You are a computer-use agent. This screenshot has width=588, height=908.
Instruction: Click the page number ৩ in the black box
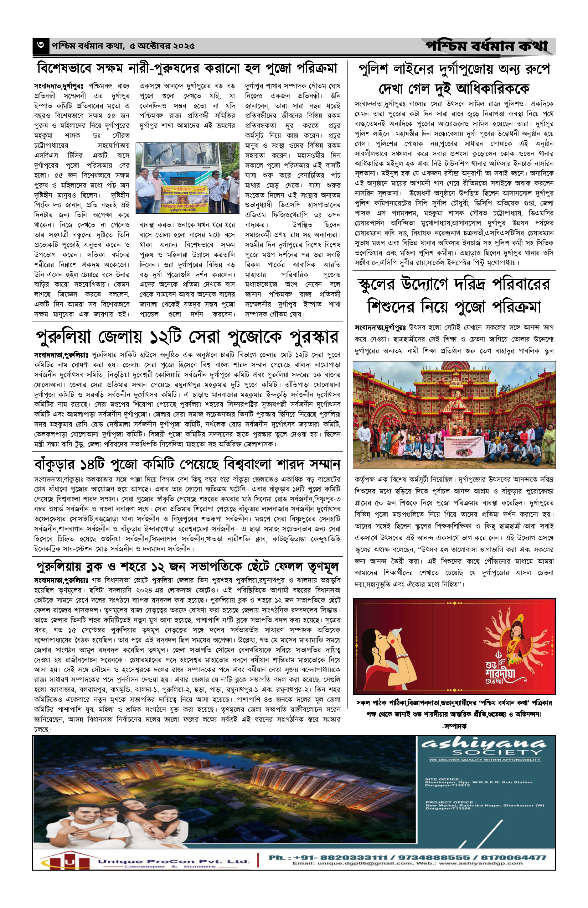[41, 46]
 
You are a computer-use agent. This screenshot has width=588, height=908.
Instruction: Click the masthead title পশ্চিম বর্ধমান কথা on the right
[487, 46]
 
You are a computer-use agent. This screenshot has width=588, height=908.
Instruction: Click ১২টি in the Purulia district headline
[175, 337]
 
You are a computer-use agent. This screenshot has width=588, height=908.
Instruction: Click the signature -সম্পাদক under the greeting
[454, 726]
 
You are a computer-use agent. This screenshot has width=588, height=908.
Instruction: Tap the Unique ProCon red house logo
[69, 861]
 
